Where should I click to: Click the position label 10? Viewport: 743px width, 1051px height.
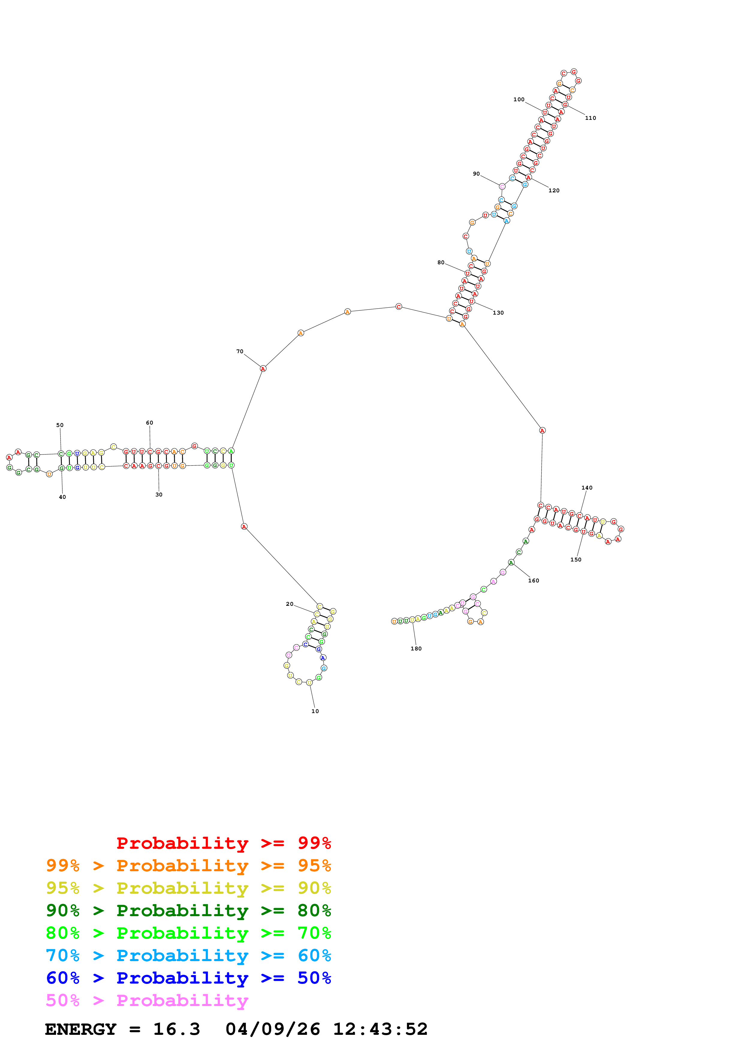(x=315, y=711)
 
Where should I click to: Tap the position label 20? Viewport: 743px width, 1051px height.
(x=289, y=604)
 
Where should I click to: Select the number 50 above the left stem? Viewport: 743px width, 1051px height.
(x=60, y=425)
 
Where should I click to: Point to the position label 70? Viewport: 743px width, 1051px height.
(x=239, y=351)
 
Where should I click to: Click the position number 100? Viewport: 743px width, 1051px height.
(x=519, y=99)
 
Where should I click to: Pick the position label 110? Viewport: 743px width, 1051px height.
(x=590, y=118)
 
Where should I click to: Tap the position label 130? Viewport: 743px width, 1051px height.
(x=498, y=313)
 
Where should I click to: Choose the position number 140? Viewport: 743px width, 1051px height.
(x=587, y=487)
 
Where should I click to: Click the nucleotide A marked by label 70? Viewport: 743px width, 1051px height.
(x=263, y=369)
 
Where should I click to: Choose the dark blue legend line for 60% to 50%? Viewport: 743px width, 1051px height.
(x=188, y=978)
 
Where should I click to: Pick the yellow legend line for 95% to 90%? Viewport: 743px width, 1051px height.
(x=188, y=888)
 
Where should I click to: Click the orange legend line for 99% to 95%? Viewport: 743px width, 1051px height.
(x=188, y=866)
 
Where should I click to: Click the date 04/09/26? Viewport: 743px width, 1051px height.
(x=272, y=1029)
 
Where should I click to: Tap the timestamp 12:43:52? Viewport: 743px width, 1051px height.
(x=380, y=1029)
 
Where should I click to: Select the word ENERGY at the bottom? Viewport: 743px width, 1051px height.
(x=81, y=1029)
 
